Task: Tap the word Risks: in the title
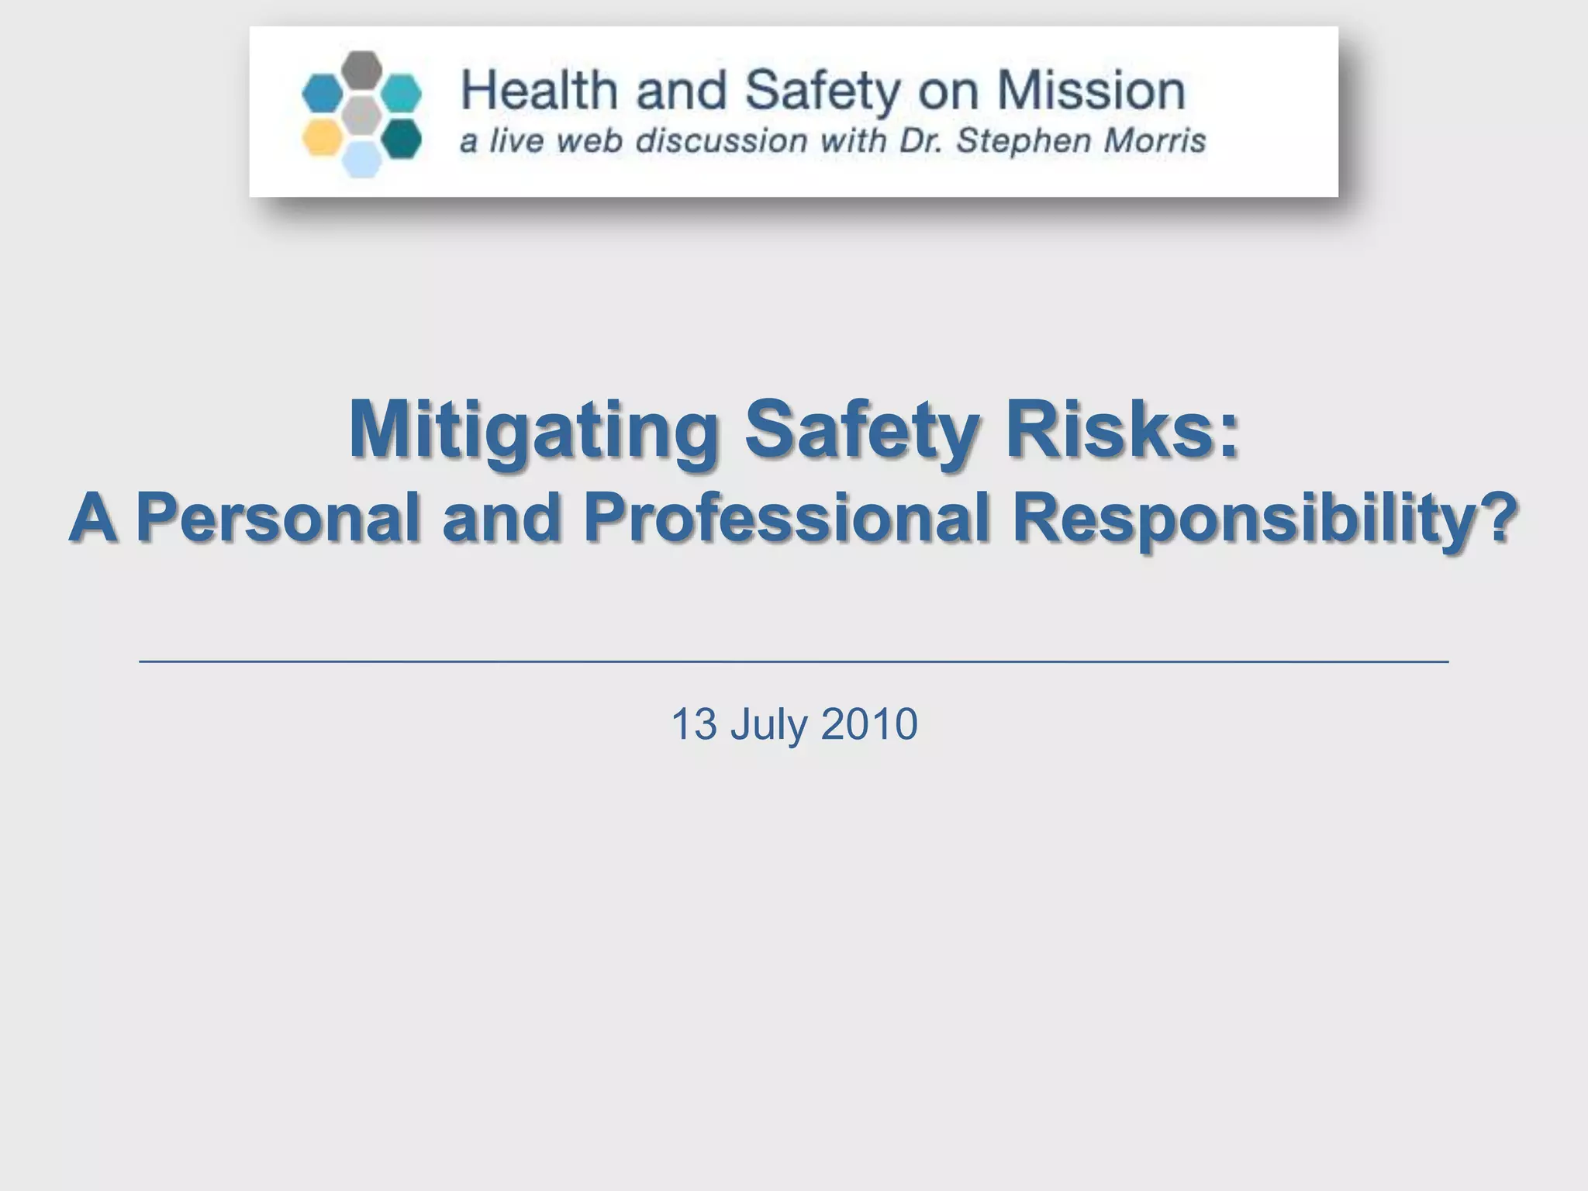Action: point(1122,429)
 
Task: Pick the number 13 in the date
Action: point(694,724)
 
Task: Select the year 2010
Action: point(869,724)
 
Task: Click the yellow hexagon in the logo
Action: point(322,138)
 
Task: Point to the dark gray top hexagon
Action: point(362,69)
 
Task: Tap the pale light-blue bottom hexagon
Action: point(362,160)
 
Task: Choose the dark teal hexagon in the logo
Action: point(402,138)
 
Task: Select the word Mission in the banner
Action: point(1090,90)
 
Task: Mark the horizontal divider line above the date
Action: point(794,661)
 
